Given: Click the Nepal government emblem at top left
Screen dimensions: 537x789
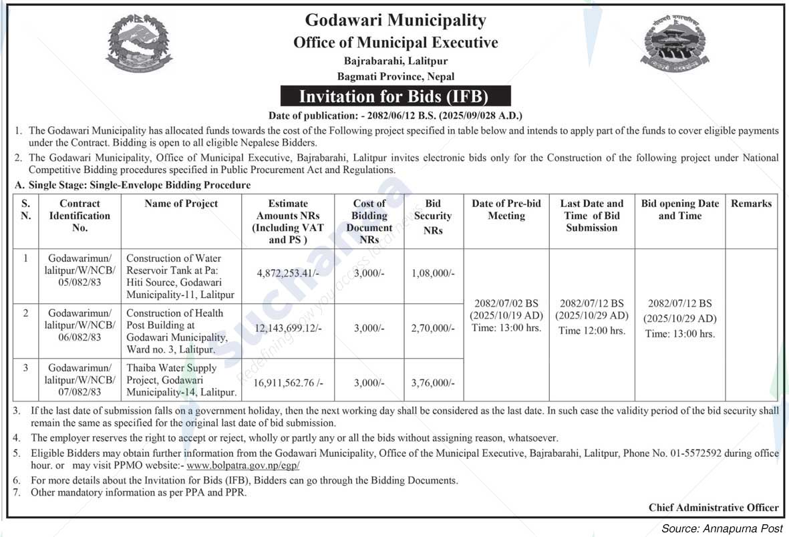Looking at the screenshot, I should [139, 43].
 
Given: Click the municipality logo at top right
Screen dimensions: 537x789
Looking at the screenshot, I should [675, 43].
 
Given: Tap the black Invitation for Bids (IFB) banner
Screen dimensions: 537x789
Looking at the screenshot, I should [393, 96].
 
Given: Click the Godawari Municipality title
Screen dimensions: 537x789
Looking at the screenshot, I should [395, 21].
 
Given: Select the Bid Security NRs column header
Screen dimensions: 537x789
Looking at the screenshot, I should [433, 216].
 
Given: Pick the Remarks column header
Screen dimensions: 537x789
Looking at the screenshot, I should [751, 204].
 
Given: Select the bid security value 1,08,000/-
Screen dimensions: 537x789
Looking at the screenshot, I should [433, 273].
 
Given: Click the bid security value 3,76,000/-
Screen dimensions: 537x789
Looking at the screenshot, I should [433, 383].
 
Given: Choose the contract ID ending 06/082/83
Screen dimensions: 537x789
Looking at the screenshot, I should [80, 325].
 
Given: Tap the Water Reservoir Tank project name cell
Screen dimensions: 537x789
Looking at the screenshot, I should [181, 276].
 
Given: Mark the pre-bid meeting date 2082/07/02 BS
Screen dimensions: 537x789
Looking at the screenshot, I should [506, 303].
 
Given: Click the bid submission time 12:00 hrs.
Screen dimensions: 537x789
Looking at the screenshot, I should [591, 331].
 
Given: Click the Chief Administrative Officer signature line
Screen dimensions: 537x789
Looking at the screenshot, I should [713, 508].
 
